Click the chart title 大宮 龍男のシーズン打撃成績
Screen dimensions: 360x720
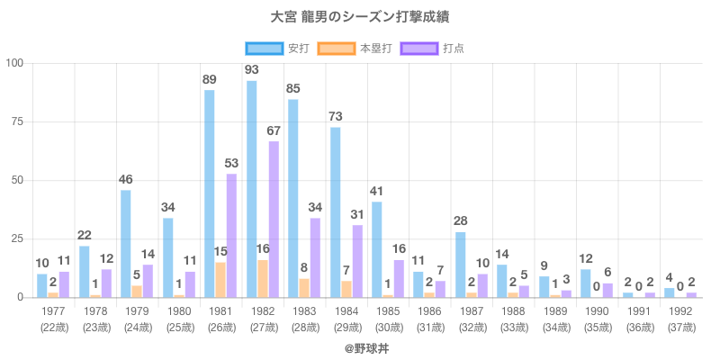360,17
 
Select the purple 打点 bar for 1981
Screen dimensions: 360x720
231,235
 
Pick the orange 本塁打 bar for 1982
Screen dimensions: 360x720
262,278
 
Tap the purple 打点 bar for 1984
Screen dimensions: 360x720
356,261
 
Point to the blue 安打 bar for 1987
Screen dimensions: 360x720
460,265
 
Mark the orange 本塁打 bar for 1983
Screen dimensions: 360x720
304,288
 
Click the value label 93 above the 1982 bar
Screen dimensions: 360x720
251,70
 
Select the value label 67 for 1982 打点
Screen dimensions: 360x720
274,130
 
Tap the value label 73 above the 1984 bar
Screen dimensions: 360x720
335,117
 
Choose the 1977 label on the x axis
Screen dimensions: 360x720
53,311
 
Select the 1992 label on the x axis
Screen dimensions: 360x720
680,311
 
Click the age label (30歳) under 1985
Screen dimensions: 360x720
388,326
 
